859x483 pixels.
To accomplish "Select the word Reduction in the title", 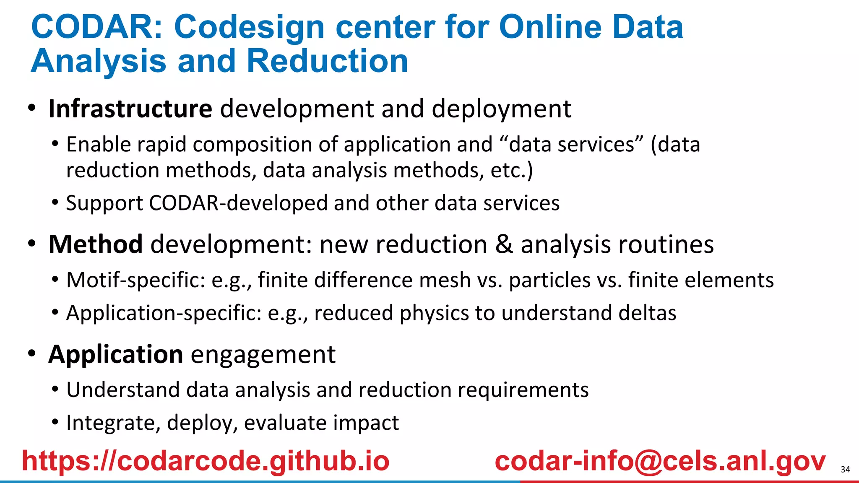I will tap(327, 61).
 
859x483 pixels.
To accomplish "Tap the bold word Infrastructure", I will tap(130, 109).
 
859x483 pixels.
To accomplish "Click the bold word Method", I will tap(96, 244).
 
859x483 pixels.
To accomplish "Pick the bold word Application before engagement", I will tap(116, 355).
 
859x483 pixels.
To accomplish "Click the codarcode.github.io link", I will tap(206, 461).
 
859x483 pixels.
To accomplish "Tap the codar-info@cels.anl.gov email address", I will tap(660, 461).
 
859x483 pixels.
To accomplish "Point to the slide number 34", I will tap(845, 470).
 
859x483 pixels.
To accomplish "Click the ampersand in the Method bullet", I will tap(504, 244).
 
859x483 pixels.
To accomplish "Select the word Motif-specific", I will tap(135, 280).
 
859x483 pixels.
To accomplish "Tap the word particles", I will tap(549, 280).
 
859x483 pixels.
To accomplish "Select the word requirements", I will tap(523, 390).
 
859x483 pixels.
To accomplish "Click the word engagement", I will tap(263, 355).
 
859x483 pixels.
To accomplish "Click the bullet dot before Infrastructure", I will tap(32, 108).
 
